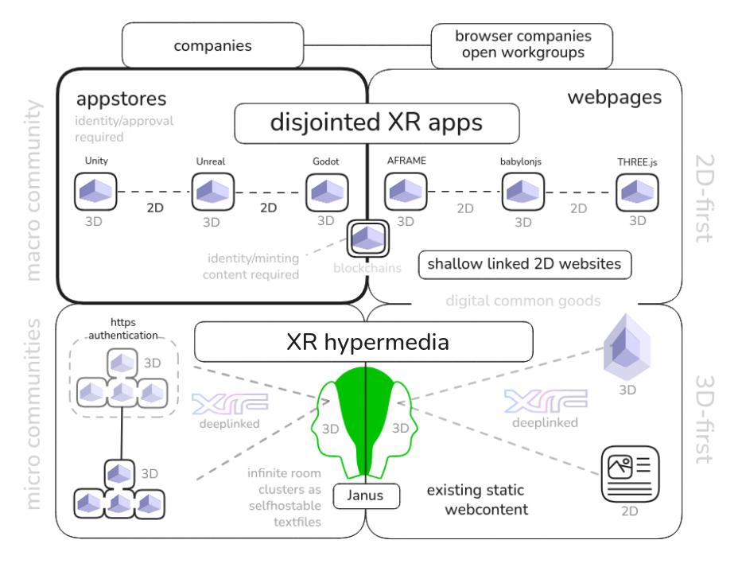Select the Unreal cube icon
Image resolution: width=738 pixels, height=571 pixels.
tap(212, 192)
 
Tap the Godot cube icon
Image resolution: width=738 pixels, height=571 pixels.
tap(328, 192)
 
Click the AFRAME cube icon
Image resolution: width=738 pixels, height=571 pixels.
tap(406, 192)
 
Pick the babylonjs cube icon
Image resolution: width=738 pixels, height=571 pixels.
tap(523, 192)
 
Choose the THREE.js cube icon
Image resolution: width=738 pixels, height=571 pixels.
tap(639, 192)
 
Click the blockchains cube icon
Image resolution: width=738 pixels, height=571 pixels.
tap(367, 238)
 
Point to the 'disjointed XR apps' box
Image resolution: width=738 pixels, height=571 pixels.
tap(376, 125)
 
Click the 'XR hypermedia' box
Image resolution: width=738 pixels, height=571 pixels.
tap(363, 341)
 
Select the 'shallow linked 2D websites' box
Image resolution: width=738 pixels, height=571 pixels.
tap(525, 265)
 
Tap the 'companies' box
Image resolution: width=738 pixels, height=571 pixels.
tap(212, 45)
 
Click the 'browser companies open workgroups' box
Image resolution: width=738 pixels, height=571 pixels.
tap(522, 45)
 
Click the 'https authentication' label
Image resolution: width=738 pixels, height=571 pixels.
tap(118, 329)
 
